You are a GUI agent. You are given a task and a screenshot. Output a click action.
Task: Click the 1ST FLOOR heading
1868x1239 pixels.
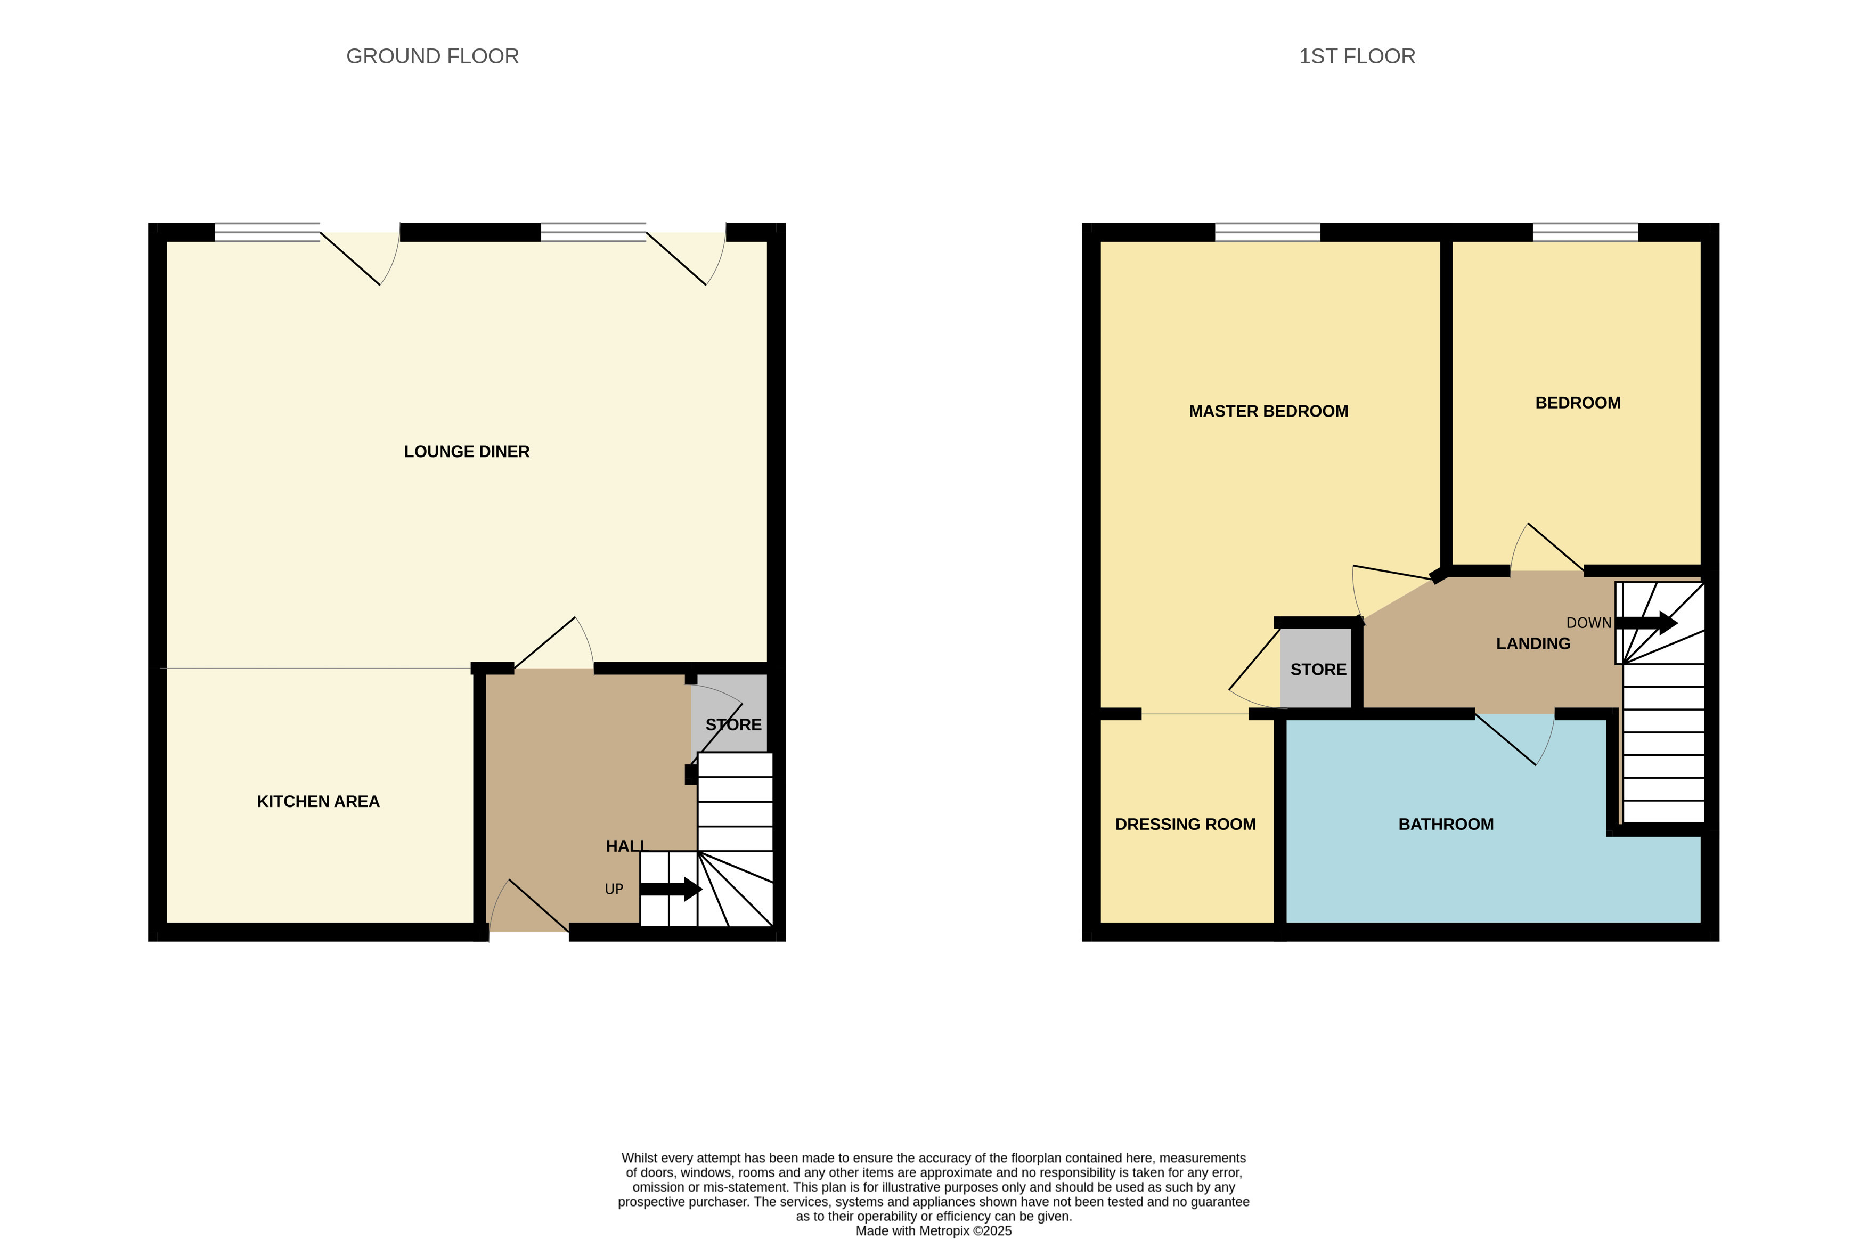1357,56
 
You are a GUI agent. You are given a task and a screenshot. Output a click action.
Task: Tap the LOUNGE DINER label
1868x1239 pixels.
466,451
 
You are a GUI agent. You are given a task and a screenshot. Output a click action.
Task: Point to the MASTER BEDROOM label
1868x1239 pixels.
1268,411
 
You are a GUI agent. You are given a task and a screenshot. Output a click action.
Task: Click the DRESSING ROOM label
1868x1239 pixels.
1185,824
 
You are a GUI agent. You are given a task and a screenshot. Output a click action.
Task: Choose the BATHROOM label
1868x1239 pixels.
1446,824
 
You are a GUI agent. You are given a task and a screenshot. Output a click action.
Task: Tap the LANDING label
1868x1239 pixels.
1533,643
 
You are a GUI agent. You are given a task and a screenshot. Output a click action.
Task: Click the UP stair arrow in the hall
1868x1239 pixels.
671,889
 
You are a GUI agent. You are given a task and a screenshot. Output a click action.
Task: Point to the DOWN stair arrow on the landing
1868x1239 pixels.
1646,623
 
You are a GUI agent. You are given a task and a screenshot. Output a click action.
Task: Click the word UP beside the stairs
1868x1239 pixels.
614,889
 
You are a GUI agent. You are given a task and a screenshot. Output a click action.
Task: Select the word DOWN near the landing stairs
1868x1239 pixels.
1588,623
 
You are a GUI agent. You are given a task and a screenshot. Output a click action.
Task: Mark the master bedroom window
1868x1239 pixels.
1268,232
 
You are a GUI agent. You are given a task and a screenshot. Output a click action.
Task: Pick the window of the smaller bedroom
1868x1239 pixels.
1585,232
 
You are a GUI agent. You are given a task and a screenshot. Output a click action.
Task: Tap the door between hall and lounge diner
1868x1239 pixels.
553,644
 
